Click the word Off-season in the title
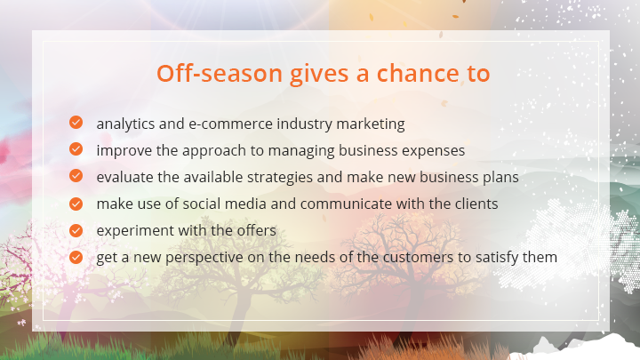coord(220,74)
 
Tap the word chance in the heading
coord(418,73)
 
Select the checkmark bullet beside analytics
coord(76,122)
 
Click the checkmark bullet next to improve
coord(76,149)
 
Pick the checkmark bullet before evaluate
coord(76,175)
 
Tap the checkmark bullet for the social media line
coord(76,204)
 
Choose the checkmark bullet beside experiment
coord(76,230)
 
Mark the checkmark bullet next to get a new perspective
coord(76,257)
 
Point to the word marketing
coord(371,124)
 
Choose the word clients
coord(476,204)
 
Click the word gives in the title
coord(319,75)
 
